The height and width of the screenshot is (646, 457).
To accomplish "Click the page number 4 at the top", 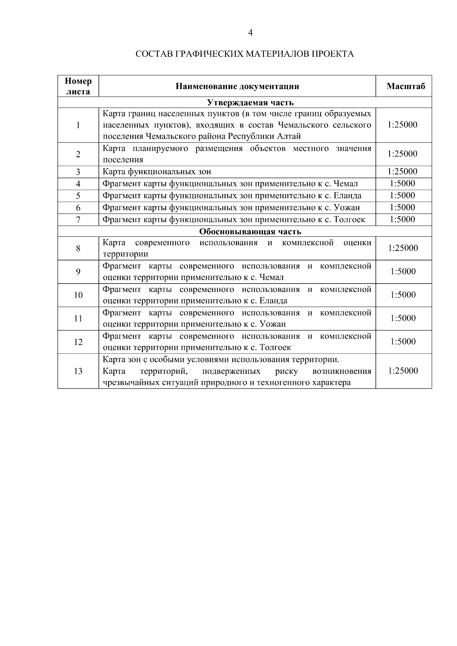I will (250, 33).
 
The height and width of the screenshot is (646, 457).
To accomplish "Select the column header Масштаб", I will (406, 86).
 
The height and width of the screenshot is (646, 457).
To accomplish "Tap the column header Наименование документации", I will (237, 86).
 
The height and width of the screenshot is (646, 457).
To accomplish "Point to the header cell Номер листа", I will (78, 86).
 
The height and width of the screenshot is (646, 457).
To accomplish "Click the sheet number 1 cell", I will (78, 125).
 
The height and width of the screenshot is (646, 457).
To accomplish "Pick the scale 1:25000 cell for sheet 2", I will (403, 154).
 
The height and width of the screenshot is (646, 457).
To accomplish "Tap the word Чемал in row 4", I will (346, 184).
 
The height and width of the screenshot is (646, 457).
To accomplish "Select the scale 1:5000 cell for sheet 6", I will (403, 207).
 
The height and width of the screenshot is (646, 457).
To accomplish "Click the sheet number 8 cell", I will (78, 249).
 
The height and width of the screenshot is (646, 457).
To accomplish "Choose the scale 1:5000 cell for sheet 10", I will (403, 295).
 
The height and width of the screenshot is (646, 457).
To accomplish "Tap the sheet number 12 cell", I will (78, 342).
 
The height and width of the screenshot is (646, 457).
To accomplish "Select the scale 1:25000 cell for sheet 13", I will (403, 371).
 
